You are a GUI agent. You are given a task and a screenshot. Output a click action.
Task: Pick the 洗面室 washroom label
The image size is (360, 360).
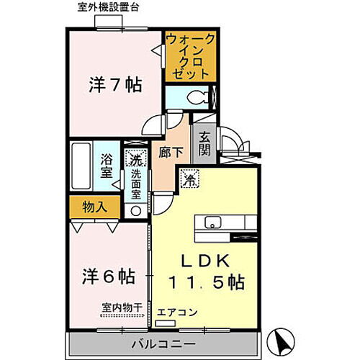pyautogui.click(x=135, y=184)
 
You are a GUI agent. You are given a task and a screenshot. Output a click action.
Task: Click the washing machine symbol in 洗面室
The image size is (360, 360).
pyautogui.click(x=135, y=159)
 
